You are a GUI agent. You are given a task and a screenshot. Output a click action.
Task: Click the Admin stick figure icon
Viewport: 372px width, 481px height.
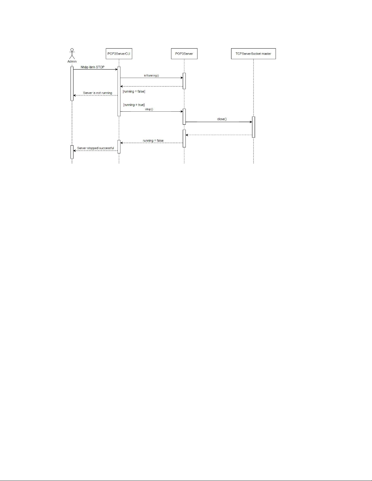[x=72, y=54]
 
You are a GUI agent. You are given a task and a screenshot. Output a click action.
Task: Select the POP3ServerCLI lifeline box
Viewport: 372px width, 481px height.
[x=119, y=54]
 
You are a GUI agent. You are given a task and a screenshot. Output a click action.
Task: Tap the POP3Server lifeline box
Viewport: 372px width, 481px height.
[x=184, y=54]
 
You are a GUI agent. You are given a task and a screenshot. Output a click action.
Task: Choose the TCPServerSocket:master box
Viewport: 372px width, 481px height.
[x=253, y=54]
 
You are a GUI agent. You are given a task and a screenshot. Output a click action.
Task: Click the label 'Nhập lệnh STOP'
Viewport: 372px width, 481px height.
[x=93, y=67]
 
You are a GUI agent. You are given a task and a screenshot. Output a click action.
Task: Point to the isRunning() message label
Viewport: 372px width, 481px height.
[x=152, y=76]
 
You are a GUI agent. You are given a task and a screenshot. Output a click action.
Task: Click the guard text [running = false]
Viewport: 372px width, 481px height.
[x=134, y=91]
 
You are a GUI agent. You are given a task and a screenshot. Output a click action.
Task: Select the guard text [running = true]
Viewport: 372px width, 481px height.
[x=134, y=105]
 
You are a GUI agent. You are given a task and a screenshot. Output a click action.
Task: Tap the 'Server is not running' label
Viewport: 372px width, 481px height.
[x=98, y=93]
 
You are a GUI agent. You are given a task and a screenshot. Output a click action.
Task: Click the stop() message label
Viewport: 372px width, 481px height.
[x=149, y=109]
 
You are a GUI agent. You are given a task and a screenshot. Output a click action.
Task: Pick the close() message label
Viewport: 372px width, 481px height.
[x=222, y=119]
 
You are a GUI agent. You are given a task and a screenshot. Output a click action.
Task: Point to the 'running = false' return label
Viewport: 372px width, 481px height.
[x=153, y=141]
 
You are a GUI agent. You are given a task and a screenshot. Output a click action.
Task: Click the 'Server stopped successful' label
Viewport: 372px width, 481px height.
[x=95, y=148]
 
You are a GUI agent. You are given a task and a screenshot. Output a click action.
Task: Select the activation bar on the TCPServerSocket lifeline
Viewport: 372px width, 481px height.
[x=254, y=127]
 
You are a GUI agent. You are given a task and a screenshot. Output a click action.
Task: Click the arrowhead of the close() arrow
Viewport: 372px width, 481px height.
[x=251, y=122]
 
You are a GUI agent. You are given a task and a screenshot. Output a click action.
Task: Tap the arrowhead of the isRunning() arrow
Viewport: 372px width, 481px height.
[x=182, y=78]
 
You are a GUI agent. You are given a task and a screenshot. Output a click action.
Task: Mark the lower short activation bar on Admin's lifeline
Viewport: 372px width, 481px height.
[x=72, y=152]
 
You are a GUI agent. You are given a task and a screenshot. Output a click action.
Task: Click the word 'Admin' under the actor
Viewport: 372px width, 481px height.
[x=72, y=62]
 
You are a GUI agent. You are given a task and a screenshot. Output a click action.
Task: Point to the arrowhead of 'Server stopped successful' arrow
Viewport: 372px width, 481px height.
[x=75, y=151]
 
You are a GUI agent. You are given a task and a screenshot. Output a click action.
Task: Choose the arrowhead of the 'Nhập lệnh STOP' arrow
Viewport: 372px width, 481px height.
[x=117, y=69]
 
